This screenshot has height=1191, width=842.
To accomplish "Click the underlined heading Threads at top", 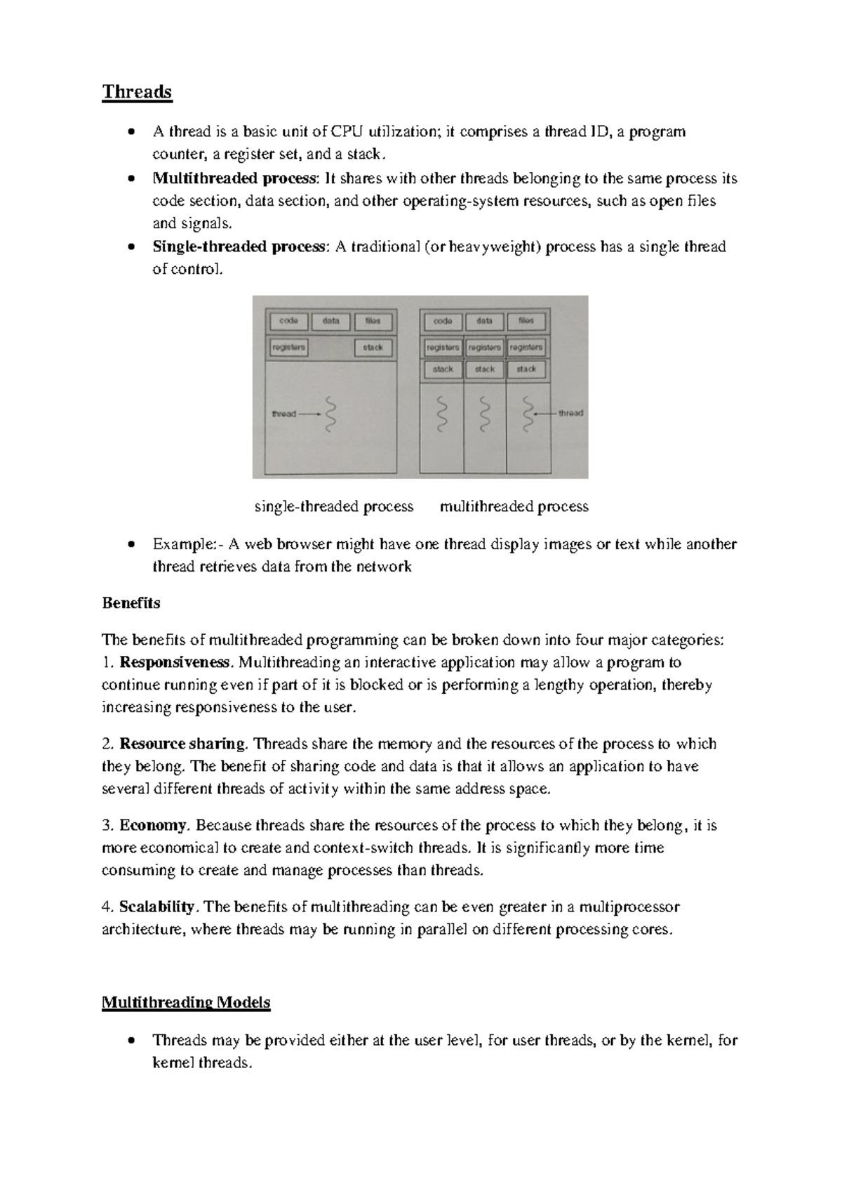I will tap(137, 92).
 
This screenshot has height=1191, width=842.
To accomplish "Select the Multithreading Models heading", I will tap(186, 1002).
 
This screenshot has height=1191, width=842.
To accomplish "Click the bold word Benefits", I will tap(131, 603).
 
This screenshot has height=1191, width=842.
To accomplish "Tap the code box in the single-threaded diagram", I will tap(288, 321).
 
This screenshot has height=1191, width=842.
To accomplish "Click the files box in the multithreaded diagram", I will tap(526, 321).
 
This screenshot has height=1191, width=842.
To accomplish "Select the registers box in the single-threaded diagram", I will tap(288, 347).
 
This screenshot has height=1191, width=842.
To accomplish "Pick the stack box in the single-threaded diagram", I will tap(373, 347).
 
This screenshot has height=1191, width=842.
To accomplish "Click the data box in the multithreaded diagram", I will tap(484, 321).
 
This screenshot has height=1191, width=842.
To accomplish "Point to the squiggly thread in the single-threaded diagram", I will tap(331, 414).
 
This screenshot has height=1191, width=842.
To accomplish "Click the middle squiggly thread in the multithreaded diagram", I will tap(484, 414).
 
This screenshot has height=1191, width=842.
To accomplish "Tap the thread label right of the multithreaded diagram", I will tap(570, 414).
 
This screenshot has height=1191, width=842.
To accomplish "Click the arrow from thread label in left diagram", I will tap(309, 414).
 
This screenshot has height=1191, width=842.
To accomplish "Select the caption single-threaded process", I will tap(334, 506).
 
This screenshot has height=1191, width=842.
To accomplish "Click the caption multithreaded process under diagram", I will tap(514, 506).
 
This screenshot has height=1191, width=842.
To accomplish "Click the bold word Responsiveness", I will tap(175, 662).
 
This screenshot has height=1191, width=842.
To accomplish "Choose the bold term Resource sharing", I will tap(183, 744).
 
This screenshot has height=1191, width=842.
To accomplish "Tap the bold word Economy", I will tap(153, 825).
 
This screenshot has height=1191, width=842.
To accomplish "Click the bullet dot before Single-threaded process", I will tap(131, 247).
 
